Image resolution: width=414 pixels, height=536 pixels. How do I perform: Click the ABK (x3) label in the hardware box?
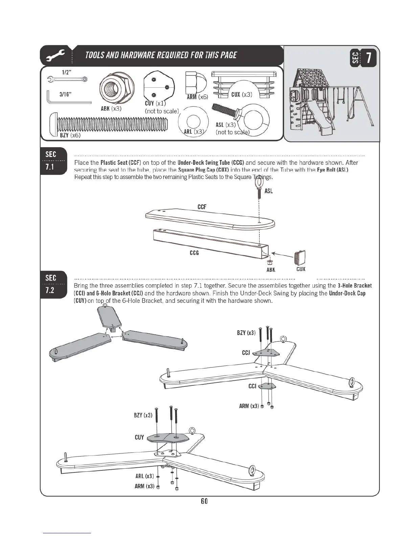[111, 109]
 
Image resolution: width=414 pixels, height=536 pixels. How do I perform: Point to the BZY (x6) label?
[70, 135]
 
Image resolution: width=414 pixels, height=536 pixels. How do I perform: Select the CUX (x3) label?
[241, 94]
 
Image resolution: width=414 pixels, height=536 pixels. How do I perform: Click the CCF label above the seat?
[202, 207]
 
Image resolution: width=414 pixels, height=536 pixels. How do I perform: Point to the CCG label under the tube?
[194, 253]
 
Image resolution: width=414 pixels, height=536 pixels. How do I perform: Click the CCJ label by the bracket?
[246, 353]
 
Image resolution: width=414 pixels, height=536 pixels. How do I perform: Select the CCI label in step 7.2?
[252, 386]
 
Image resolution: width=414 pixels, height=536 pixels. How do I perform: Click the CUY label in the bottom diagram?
[139, 437]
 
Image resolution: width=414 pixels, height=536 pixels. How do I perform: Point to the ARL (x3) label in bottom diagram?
[144, 476]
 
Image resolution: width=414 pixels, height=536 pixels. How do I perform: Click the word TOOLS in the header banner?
[96, 55]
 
